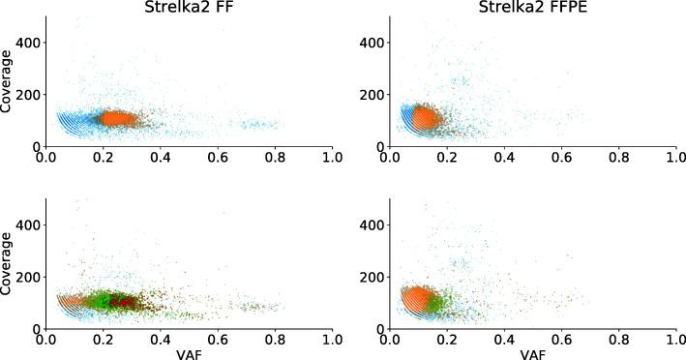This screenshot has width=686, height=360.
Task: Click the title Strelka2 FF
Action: [x=188, y=9]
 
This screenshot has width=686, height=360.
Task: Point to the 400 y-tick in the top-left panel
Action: [x=29, y=43]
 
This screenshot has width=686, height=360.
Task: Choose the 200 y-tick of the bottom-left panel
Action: [x=29, y=277]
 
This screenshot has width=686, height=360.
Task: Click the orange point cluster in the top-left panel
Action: [x=121, y=118]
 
